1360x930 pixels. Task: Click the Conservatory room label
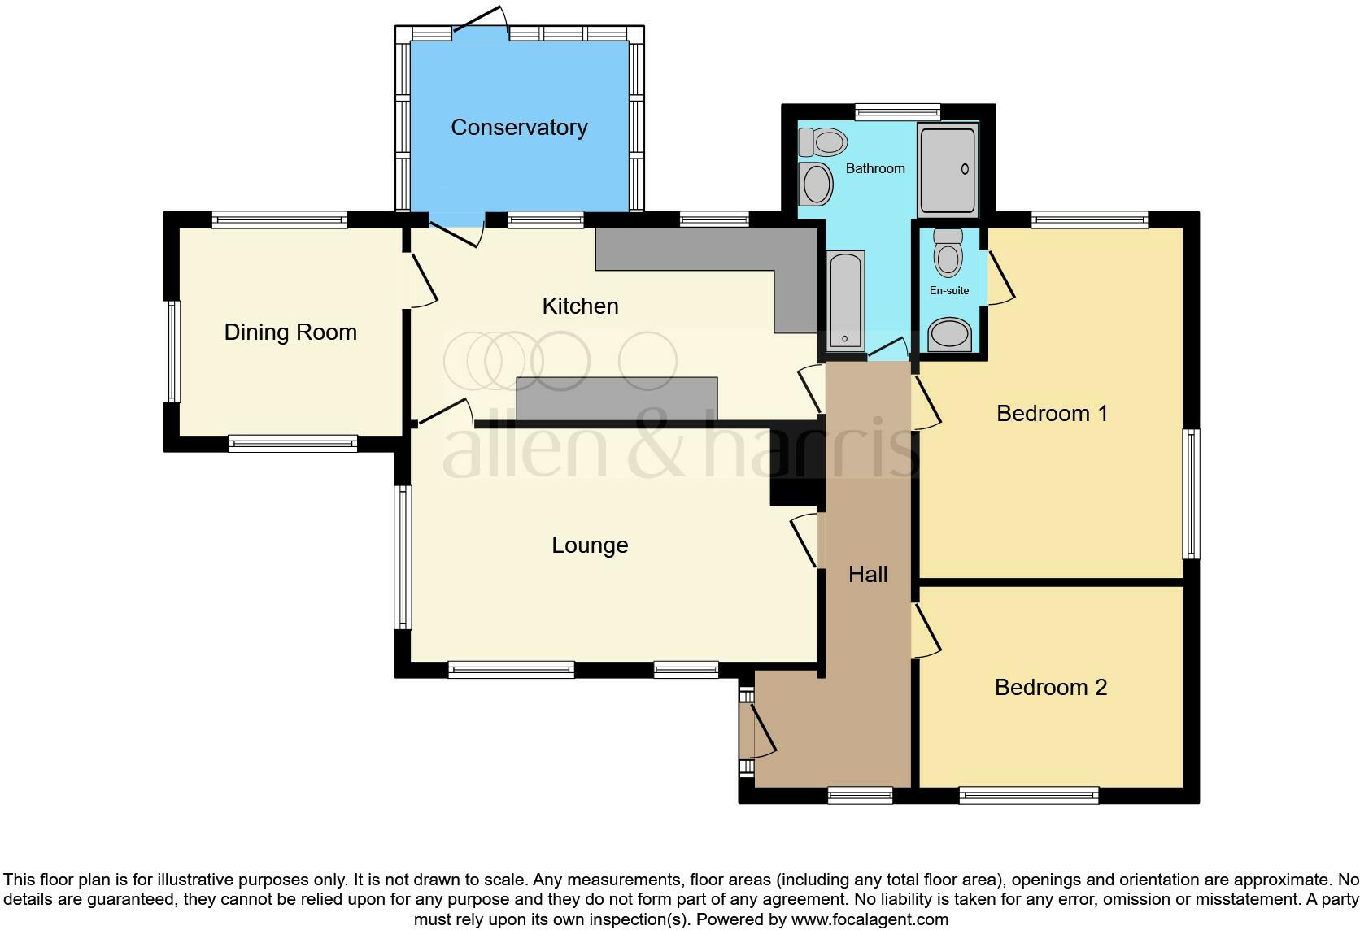click(519, 128)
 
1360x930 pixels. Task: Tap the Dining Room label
click(290, 332)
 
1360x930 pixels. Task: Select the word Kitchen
click(580, 306)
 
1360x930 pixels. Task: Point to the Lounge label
click(590, 545)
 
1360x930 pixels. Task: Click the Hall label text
click(867, 575)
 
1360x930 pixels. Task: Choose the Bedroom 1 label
click(1052, 414)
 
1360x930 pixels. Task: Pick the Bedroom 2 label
click(1051, 688)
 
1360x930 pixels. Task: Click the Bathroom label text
click(875, 169)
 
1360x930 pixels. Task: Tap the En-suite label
click(949, 290)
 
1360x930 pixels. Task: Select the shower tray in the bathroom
click(948, 170)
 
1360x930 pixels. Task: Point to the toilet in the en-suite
click(948, 254)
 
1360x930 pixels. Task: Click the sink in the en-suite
click(949, 334)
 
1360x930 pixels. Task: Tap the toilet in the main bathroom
click(822, 142)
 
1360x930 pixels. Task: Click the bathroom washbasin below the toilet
click(817, 185)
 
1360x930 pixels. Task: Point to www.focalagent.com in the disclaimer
click(870, 920)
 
